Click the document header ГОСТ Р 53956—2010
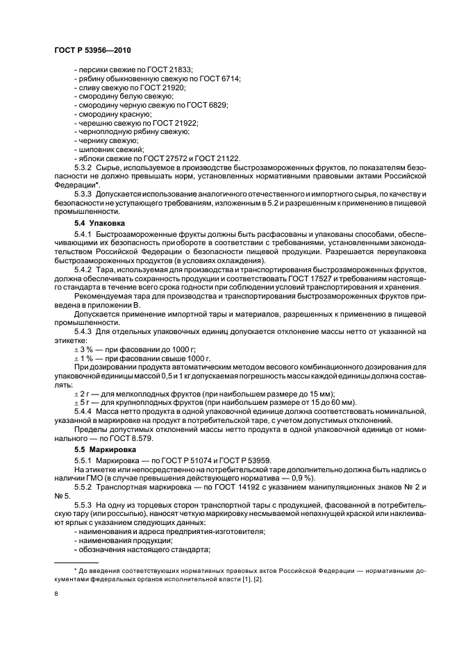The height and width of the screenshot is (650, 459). (92, 51)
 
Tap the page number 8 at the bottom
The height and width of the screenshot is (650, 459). (56, 594)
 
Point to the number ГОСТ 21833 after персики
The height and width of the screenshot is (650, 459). (172, 71)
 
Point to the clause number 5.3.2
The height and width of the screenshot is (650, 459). (84, 167)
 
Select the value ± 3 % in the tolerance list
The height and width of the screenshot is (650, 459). (84, 350)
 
